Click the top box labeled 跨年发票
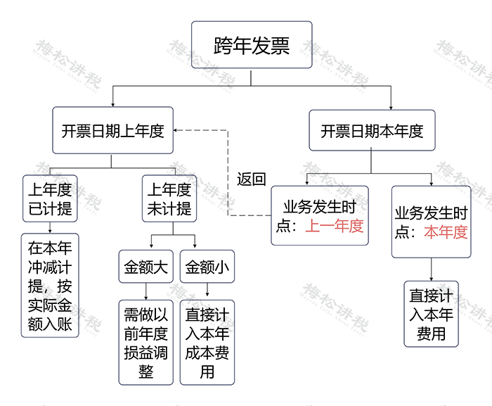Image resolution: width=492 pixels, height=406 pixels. pyautogui.click(x=252, y=44)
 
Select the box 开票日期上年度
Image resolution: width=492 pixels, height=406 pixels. pyautogui.click(x=112, y=131)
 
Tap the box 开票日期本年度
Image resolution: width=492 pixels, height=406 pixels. pyautogui.click(x=373, y=131)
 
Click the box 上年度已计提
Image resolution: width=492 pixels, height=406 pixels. pyautogui.click(x=49, y=198)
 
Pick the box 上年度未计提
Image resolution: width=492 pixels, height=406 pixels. pyautogui.click(x=168, y=198)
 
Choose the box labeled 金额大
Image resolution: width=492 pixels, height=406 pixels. pyautogui.click(x=145, y=267)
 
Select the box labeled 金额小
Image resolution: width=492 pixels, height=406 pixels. pyautogui.click(x=207, y=267)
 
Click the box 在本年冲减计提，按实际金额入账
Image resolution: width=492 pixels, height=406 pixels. pyautogui.click(x=50, y=285)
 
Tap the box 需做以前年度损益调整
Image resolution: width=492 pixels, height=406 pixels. pyautogui.click(x=145, y=342)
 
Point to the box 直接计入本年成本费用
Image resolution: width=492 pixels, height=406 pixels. pyautogui.click(x=207, y=342)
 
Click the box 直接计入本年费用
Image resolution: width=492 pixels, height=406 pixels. pyautogui.click(x=431, y=314)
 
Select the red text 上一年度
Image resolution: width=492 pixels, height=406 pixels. pyautogui.click(x=335, y=226)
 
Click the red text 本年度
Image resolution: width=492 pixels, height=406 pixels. pyautogui.click(x=446, y=232)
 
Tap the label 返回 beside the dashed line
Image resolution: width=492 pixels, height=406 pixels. pyautogui.click(x=251, y=179)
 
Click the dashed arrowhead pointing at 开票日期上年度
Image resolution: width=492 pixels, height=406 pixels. pyautogui.click(x=178, y=131)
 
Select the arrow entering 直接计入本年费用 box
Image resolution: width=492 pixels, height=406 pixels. pyautogui.click(x=431, y=276)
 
